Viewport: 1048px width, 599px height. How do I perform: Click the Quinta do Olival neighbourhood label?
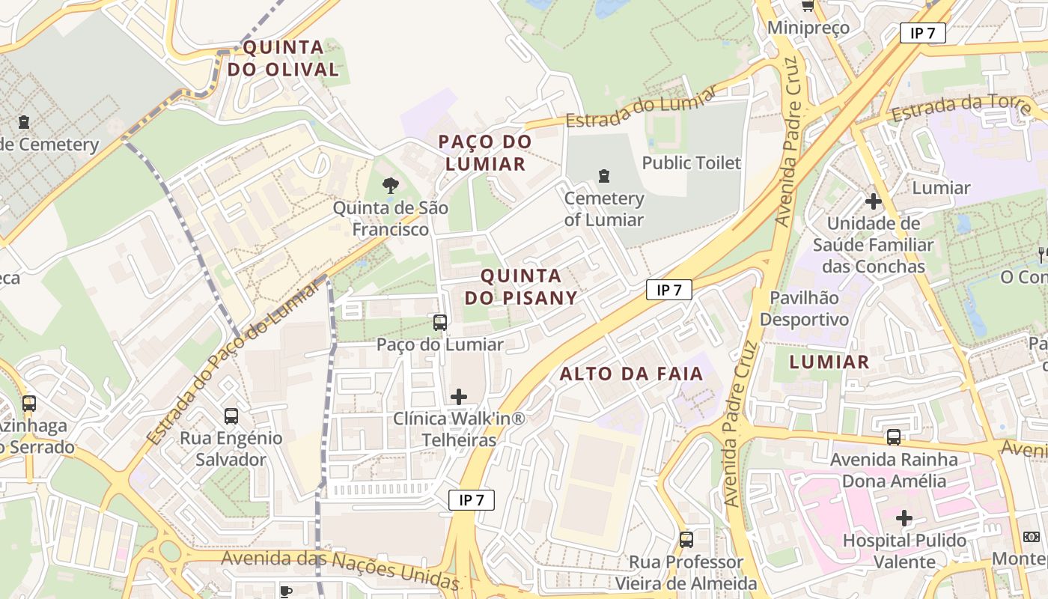point(284,58)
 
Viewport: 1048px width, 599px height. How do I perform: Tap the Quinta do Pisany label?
point(521,287)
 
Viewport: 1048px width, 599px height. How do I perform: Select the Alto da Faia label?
point(632,374)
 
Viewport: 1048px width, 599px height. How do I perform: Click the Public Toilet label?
point(691,162)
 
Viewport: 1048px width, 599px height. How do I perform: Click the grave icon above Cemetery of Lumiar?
point(603,176)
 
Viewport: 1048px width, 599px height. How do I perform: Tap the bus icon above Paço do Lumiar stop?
point(440,323)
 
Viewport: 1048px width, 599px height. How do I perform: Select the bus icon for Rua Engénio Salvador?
point(231,416)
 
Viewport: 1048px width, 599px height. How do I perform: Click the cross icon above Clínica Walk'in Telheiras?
point(459,396)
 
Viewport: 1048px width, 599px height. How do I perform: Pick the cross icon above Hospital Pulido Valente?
point(904,517)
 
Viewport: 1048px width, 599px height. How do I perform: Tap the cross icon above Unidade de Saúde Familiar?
point(873,201)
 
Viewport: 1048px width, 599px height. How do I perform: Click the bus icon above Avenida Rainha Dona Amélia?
point(894,437)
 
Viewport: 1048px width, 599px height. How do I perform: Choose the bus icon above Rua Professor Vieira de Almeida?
point(686,539)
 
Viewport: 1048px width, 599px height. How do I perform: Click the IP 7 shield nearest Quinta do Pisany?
point(669,290)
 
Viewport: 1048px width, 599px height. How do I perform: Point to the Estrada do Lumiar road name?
point(641,109)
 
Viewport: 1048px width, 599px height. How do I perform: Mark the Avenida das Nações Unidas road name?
point(340,568)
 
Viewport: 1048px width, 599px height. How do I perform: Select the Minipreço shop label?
point(808,28)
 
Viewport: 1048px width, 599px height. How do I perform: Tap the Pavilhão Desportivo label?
point(805,308)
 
